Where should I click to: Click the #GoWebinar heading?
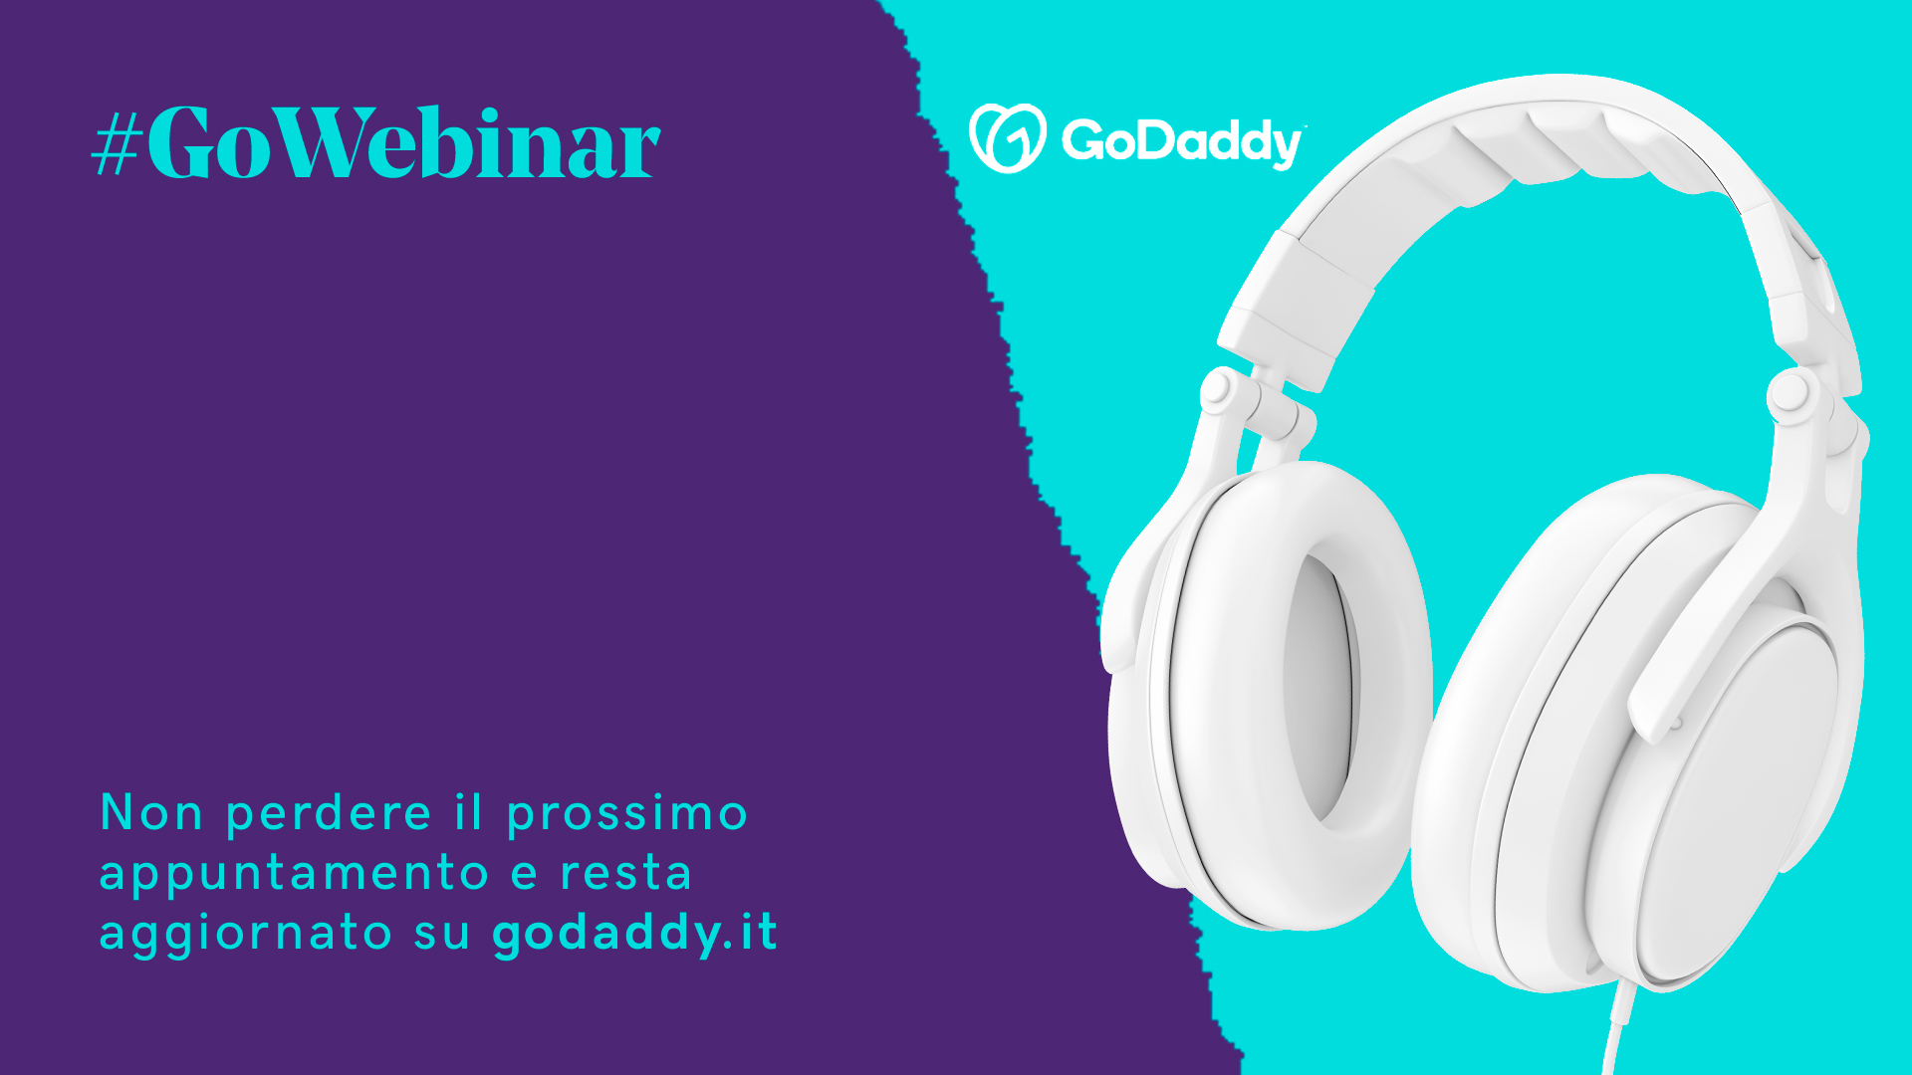pos(376,142)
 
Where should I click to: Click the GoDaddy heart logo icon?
pos(1007,138)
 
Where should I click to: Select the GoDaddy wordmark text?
pos(1183,141)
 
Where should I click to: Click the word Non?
pos(151,813)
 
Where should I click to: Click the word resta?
pos(626,873)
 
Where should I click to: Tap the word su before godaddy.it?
pos(442,935)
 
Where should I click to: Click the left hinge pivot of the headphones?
pos(1217,389)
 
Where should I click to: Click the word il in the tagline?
pos(469,812)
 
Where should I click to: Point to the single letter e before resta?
pos(524,875)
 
